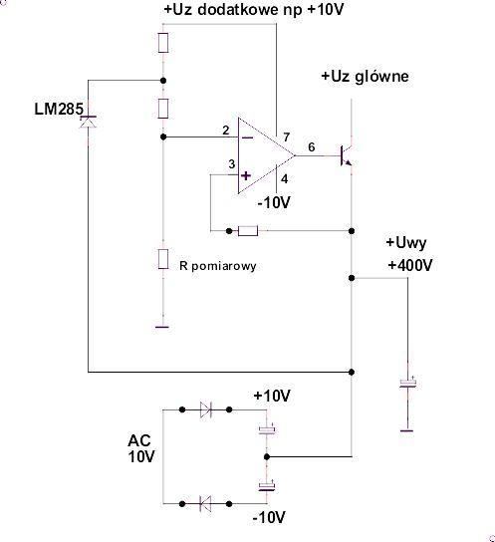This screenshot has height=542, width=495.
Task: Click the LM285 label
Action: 59,109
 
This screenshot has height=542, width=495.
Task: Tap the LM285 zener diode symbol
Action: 88,122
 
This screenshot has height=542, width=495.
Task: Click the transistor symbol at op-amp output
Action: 347,155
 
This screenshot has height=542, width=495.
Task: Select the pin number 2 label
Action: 225,131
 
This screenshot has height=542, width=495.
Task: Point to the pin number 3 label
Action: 232,164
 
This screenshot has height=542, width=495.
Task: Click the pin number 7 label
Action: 287,137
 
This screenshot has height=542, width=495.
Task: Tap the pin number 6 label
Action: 311,147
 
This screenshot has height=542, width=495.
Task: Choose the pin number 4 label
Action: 284,179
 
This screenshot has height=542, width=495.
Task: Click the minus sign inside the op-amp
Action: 247,138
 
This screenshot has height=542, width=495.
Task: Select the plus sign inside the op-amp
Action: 246,176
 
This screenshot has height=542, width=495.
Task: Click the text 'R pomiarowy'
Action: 218,266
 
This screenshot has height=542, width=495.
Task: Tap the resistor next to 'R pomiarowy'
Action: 163,259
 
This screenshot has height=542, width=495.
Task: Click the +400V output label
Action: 410,265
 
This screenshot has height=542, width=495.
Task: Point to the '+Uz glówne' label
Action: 365,77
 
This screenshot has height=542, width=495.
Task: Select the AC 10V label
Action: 141,448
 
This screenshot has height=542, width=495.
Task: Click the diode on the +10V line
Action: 206,409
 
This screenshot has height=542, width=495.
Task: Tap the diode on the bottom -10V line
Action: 205,503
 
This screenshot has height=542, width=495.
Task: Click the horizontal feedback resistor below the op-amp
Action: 248,231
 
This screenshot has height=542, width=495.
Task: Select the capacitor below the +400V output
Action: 407,384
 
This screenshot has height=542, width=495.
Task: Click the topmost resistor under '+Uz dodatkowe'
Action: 163,43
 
